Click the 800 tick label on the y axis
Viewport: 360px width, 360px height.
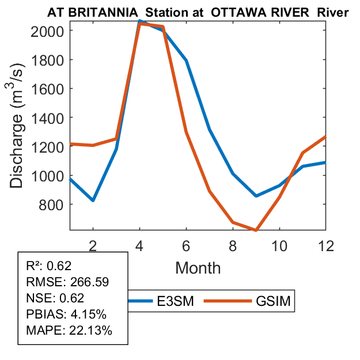point(54,204)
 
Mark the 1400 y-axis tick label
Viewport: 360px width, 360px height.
point(50,118)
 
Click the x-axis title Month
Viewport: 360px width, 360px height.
point(198,267)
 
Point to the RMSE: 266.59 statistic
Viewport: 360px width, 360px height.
point(67,282)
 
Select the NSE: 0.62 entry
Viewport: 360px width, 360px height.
point(55,298)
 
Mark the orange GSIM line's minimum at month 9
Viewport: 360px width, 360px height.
point(256,230)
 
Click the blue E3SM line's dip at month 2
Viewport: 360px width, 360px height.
point(93,200)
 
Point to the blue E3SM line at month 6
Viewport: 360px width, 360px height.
point(186,60)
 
